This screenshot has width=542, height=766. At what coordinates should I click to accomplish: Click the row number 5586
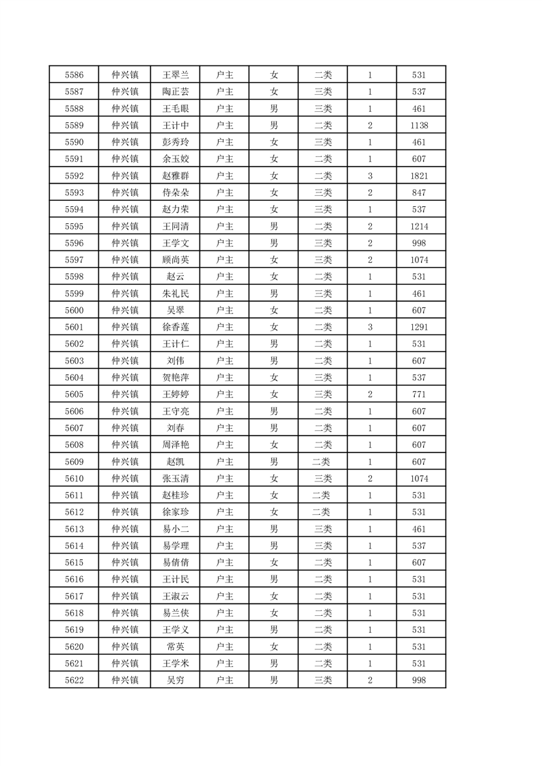[x=74, y=75]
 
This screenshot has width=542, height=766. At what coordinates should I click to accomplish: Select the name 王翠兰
[x=175, y=75]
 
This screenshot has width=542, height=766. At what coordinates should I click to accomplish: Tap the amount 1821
[x=419, y=176]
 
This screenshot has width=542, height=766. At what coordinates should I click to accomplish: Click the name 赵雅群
[x=175, y=176]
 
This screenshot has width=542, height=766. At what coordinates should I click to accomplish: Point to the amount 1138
[x=419, y=126]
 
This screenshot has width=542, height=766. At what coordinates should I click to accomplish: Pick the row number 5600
[x=74, y=311]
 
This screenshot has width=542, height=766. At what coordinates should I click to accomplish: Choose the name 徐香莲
[x=175, y=327]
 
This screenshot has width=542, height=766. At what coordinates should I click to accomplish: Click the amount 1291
[x=419, y=327]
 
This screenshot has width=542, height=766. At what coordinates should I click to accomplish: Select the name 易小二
[x=175, y=529]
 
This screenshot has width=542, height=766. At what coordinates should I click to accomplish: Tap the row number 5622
[x=74, y=680]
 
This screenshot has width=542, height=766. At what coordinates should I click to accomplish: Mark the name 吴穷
[x=175, y=680]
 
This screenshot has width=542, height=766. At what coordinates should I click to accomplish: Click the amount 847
[x=419, y=193]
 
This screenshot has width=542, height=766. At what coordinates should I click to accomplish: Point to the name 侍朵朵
[x=175, y=193]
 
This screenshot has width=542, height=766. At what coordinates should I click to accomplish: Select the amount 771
[x=419, y=395]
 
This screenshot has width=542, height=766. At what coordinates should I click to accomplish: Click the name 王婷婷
[x=175, y=395]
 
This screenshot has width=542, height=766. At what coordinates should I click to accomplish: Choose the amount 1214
[x=419, y=227]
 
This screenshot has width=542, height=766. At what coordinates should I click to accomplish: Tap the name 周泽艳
[x=175, y=445]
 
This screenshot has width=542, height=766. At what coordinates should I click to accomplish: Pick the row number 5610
[x=74, y=479]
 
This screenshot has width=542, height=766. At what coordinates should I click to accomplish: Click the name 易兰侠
[x=175, y=613]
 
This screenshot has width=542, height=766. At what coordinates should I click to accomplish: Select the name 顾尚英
[x=175, y=260]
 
